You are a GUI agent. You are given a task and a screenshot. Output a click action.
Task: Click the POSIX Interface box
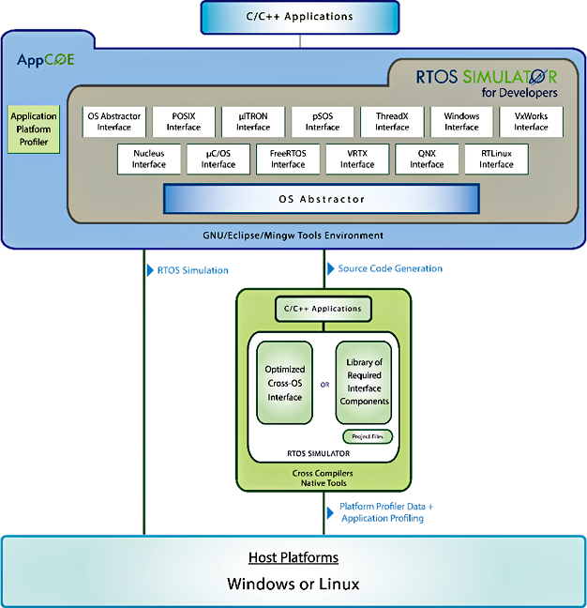pyautogui.click(x=184, y=122)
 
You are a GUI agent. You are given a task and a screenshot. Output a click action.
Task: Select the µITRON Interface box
pyautogui.click(x=253, y=122)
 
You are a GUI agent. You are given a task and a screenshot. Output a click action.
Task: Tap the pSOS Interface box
pyautogui.click(x=323, y=122)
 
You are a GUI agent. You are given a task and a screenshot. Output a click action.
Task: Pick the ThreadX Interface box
pyautogui.click(x=392, y=122)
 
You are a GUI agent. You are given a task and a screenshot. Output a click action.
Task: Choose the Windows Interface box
pyautogui.click(x=461, y=122)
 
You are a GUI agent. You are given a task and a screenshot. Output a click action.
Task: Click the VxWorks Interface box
pyautogui.click(x=531, y=122)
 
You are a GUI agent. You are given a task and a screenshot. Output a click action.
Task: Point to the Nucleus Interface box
pyautogui.click(x=149, y=159)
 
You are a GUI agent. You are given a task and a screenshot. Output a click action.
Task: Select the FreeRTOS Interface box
pyautogui.click(x=288, y=159)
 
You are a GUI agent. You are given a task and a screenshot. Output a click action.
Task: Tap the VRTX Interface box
pyautogui.click(x=357, y=159)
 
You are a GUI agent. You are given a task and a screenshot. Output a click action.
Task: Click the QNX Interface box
pyautogui.click(x=427, y=159)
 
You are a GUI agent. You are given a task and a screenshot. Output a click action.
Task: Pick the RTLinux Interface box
pyautogui.click(x=496, y=159)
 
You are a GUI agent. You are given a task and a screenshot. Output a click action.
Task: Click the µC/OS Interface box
pyautogui.click(x=218, y=159)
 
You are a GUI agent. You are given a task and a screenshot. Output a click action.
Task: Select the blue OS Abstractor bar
pyautogui.click(x=322, y=199)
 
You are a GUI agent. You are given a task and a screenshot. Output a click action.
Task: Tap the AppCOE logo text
pyautogui.click(x=46, y=60)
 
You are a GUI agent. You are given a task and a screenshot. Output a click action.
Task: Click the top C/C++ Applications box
pyautogui.click(x=300, y=17)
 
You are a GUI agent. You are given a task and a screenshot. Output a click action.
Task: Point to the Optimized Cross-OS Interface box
pyautogui.click(x=285, y=383)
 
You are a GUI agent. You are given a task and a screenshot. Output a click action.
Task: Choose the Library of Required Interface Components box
pyautogui.click(x=364, y=381)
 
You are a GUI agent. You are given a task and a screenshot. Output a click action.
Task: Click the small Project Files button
pyautogui.click(x=368, y=436)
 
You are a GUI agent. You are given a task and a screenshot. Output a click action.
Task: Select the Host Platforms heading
pyautogui.click(x=293, y=557)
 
